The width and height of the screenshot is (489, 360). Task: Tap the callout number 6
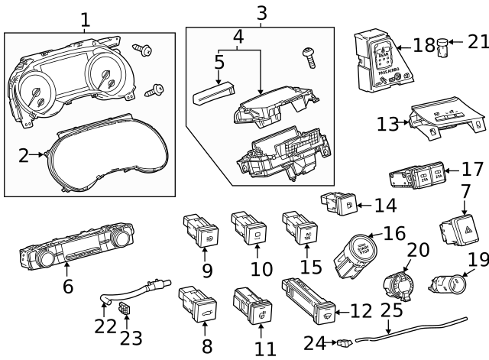pos(67,287)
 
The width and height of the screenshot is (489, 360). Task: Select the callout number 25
pos(391,311)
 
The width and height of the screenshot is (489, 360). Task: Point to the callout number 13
pos(387,124)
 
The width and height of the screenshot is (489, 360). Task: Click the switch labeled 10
pos(248,228)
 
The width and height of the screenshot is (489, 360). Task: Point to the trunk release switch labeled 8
pos(197,306)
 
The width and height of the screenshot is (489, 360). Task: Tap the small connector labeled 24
pos(345,343)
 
